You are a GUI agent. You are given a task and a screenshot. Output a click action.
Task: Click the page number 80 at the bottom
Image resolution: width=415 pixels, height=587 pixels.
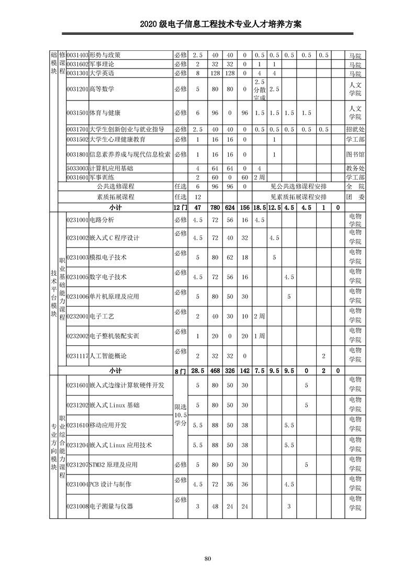208,559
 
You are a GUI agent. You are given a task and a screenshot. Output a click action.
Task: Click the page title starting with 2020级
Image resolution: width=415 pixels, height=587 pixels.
207,25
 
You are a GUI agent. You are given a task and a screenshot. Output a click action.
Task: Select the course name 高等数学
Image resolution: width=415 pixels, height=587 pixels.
102,89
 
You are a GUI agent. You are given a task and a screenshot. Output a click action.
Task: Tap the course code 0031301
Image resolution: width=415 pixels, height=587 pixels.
77,73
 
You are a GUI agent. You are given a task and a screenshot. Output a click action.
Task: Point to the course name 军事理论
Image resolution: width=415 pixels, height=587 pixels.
102,64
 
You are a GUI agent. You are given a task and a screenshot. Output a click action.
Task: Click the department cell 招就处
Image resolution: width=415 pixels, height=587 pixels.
355,129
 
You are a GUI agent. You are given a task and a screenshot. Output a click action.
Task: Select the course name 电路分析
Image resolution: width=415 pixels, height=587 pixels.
102,219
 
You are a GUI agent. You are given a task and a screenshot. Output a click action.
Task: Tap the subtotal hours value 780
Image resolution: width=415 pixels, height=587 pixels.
215,207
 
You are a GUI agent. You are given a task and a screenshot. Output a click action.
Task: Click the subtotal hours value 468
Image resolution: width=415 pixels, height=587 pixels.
215,370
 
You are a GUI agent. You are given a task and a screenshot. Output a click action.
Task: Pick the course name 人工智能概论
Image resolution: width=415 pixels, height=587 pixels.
108,356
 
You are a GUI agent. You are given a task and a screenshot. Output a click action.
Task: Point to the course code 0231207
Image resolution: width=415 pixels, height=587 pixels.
77,465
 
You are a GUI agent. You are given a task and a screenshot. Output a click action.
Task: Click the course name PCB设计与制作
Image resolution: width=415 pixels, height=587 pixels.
110,484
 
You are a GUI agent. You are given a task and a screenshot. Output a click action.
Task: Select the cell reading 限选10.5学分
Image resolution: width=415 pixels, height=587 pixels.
180,415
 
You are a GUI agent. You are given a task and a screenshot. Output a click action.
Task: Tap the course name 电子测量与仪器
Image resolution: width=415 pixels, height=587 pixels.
111,506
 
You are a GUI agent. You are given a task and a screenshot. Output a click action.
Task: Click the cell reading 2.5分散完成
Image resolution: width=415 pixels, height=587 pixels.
260,89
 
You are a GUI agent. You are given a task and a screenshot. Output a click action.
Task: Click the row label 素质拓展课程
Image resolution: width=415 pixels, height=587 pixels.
116,197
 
